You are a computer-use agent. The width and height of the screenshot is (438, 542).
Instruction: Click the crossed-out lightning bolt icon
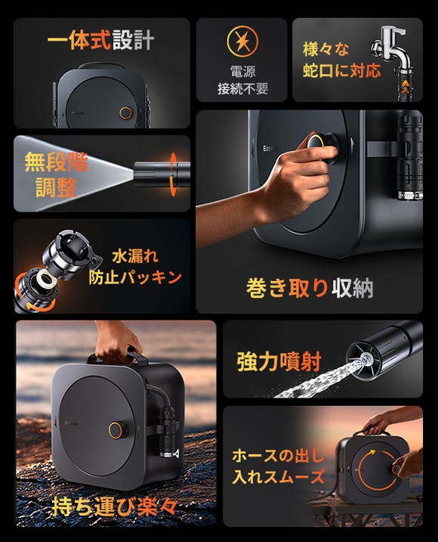coord(242,41)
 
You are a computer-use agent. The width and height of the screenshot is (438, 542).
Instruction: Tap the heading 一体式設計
coord(101,40)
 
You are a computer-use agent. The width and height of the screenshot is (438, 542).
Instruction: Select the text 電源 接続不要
coord(242,80)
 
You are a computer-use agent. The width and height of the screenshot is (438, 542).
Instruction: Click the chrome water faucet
coord(391,47)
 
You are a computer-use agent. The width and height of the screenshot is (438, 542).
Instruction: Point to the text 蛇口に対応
coord(342,70)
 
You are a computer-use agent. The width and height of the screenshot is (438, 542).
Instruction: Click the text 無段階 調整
coord(56,175)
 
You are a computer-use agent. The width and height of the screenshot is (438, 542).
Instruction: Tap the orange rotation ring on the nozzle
coord(174,174)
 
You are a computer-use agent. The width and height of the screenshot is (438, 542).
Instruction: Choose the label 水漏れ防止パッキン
coord(135,267)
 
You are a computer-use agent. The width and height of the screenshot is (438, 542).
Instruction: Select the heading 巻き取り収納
coord(310,287)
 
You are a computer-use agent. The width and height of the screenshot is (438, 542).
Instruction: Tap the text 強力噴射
coord(279,361)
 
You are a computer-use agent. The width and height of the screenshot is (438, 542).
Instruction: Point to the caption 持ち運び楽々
coord(114,506)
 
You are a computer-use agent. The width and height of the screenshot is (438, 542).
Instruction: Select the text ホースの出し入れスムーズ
coord(279,466)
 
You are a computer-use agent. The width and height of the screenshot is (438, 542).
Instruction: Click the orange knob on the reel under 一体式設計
coord(125,113)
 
